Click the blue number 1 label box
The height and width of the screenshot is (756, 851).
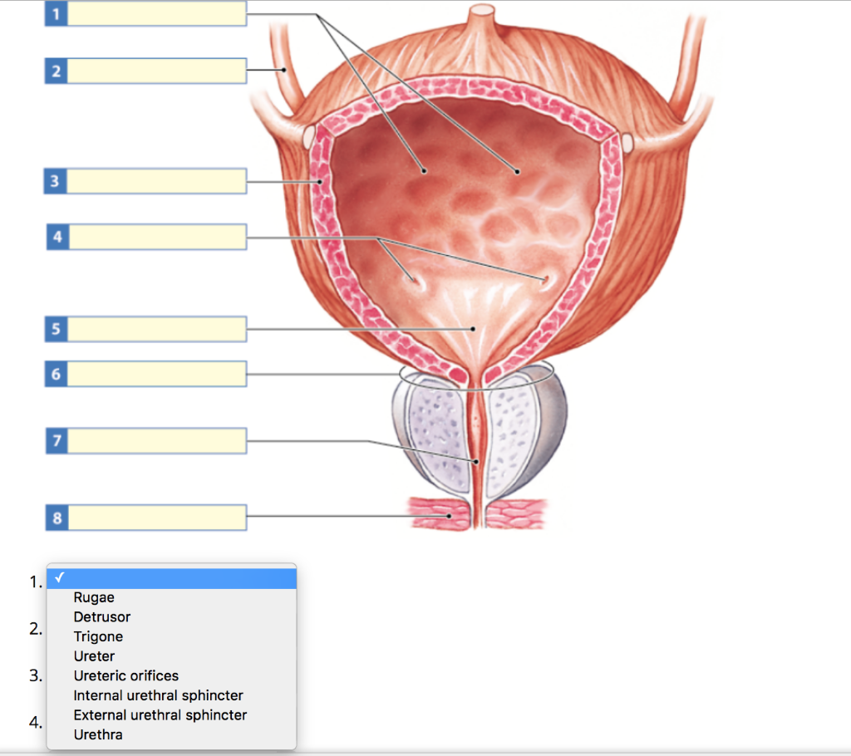56,13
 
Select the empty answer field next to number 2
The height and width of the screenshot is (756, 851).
156,71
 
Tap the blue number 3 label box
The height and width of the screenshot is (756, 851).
56,181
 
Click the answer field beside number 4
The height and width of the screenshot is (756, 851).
156,237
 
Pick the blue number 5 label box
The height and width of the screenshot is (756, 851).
56,329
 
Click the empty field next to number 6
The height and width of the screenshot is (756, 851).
156,374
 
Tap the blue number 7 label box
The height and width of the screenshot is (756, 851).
56,440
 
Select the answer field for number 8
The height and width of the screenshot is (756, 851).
156,518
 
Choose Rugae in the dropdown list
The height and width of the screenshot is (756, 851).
94,597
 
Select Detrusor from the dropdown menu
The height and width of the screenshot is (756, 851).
101,617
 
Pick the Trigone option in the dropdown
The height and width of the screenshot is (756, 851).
98,636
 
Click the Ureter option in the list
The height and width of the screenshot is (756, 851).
94,656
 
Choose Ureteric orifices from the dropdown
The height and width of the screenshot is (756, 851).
125,675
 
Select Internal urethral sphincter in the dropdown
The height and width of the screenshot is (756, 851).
158,695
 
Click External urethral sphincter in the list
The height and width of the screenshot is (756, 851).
160,714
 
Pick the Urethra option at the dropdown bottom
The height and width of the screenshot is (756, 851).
97,734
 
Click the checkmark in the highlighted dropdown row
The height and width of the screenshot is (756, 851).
58,577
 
